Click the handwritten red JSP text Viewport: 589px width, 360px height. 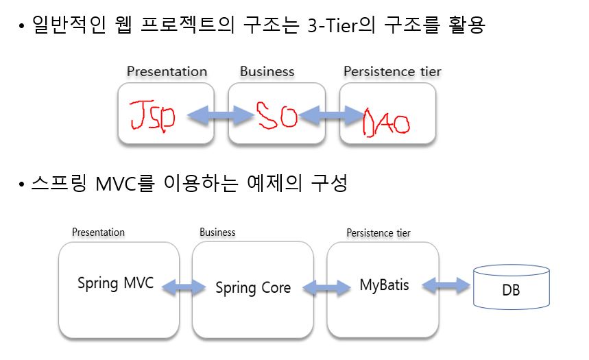(x=152, y=116)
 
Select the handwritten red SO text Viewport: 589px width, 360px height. (x=276, y=115)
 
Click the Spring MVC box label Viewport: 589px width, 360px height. (x=115, y=283)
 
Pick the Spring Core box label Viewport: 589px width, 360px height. (x=253, y=288)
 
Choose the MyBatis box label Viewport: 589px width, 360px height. (x=384, y=285)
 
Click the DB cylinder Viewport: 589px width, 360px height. (x=511, y=286)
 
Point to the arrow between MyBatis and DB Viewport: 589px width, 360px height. (x=446, y=285)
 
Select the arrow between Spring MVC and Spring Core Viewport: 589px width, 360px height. (x=184, y=288)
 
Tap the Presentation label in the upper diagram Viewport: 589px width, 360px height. (x=167, y=71)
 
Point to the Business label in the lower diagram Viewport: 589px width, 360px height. (x=217, y=232)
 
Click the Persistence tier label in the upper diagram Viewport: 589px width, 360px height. (x=392, y=71)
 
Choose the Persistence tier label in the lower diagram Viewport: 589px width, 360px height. (x=378, y=233)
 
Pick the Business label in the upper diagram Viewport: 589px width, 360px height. (x=267, y=71)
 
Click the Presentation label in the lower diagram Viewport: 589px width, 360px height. (x=98, y=232)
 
